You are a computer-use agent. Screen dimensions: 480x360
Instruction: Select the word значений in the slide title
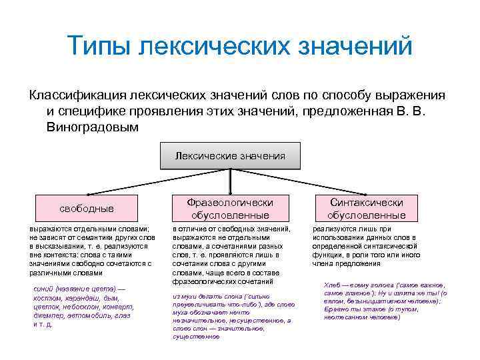coord(358,47)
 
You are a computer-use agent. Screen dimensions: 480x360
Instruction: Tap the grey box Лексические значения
coord(230,155)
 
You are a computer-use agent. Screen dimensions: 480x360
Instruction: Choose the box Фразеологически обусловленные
coord(230,208)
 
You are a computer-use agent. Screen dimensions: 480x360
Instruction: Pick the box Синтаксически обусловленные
coord(366,208)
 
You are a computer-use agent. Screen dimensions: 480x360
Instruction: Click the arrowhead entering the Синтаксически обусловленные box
coord(366,192)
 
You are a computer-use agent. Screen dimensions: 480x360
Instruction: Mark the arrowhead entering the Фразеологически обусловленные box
coord(230,192)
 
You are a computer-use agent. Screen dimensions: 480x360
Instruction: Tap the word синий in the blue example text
coord(43,288)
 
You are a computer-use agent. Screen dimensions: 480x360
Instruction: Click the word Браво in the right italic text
coord(335,309)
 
